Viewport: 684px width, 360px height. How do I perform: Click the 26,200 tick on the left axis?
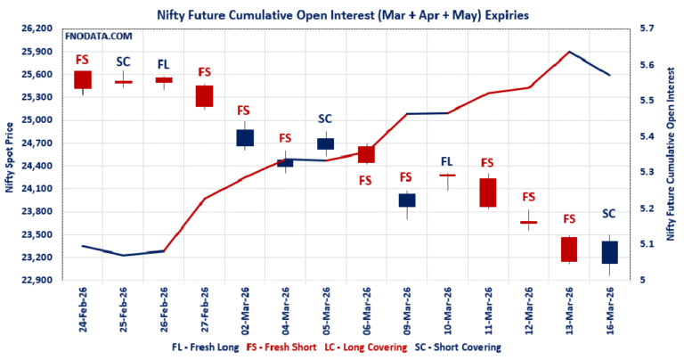(38, 29)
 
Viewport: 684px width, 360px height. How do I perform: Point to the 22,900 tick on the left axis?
(38, 280)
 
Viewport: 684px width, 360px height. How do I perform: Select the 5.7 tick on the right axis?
(647, 29)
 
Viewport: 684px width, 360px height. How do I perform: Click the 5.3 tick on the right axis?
(647, 172)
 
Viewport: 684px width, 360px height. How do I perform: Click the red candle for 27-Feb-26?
(204, 95)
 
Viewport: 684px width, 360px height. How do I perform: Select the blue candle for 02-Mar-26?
(245, 137)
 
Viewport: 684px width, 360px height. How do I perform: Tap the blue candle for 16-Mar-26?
(609, 251)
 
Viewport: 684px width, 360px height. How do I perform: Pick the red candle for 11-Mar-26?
(487, 192)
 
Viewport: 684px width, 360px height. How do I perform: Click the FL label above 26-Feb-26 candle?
(164, 64)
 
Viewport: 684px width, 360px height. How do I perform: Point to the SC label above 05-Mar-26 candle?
(325, 119)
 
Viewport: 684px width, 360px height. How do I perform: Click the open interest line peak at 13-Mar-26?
(568, 53)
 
